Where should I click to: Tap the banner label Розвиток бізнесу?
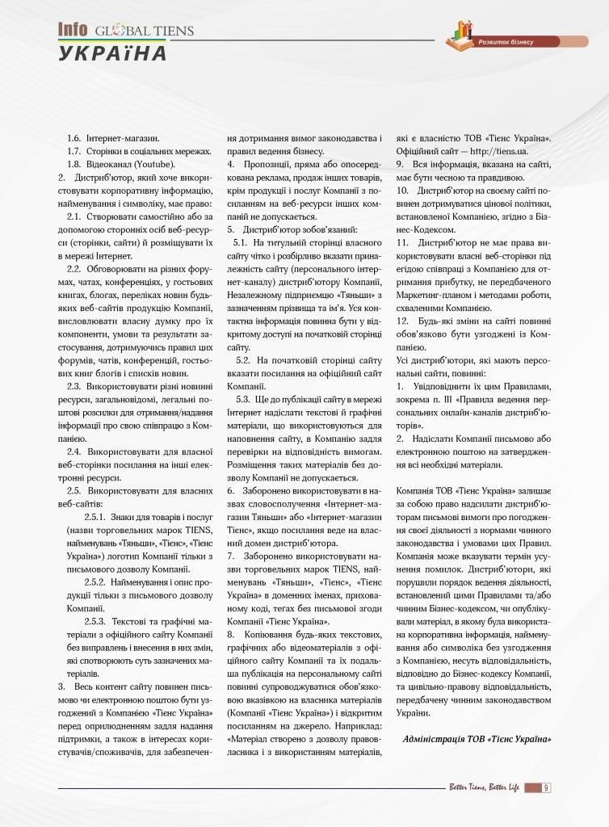506,41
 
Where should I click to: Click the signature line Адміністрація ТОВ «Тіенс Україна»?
477,739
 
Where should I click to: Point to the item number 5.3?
242,398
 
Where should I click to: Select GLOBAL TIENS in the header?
145,31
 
